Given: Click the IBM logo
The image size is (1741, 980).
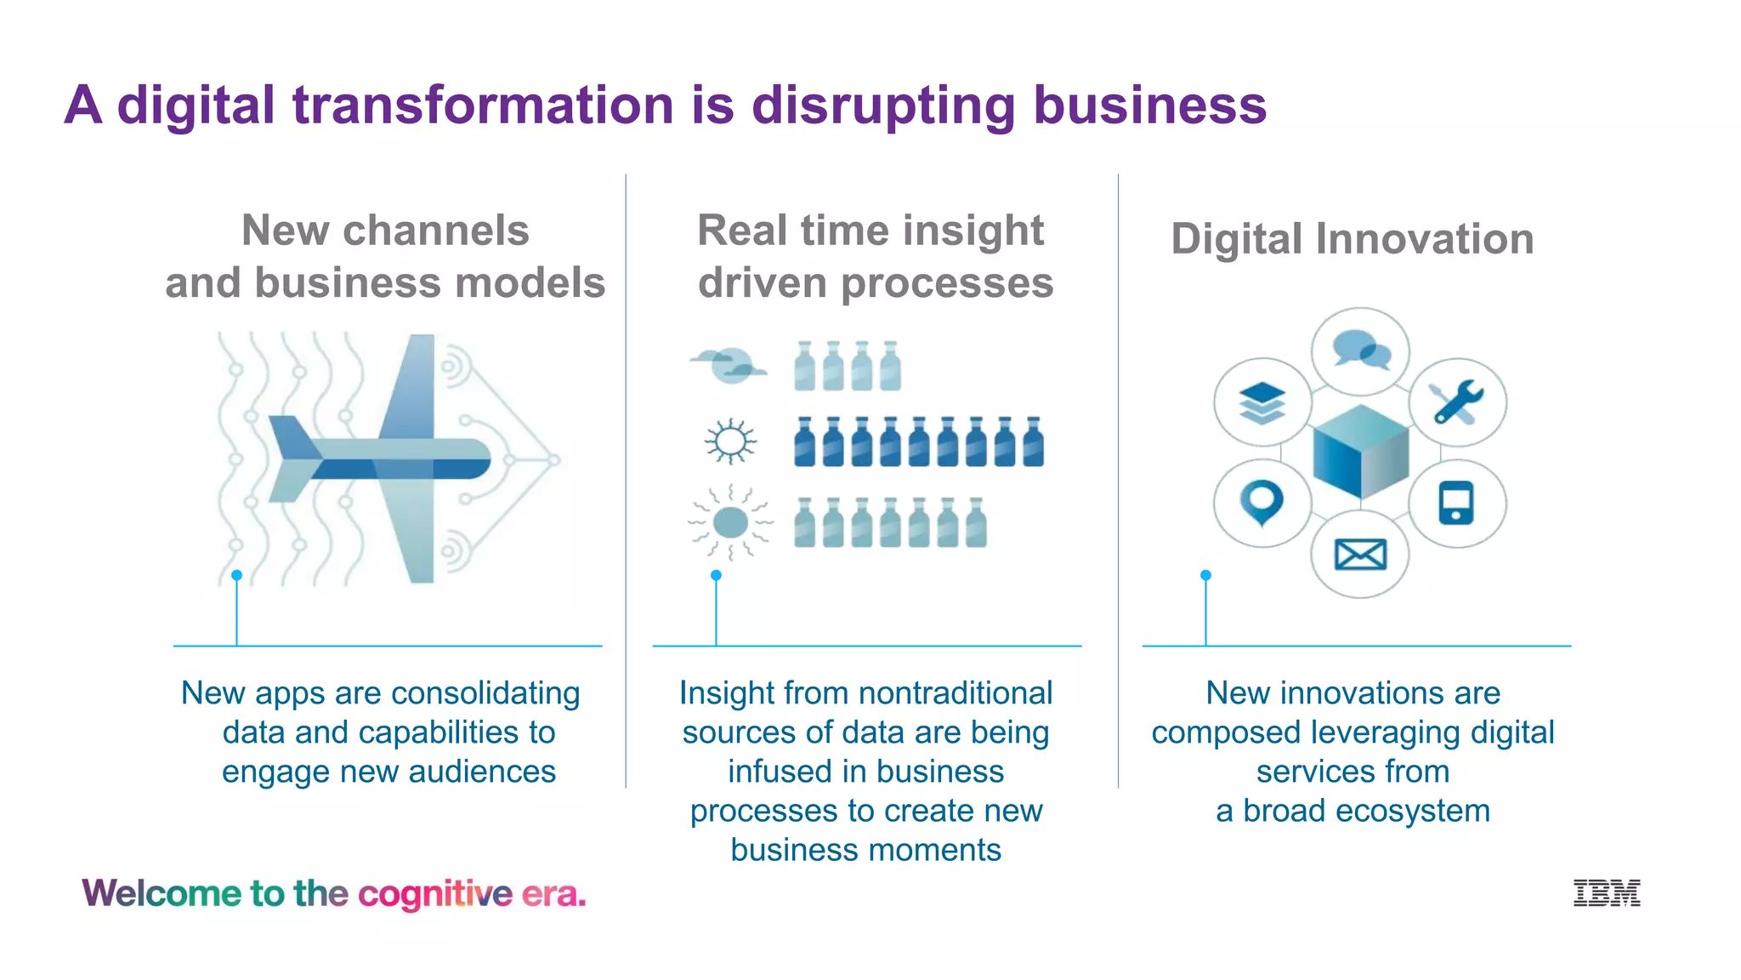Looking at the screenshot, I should (x=1606, y=892).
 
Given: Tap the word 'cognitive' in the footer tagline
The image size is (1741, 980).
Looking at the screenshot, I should (x=435, y=894).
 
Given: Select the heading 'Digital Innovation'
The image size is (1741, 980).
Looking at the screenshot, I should (x=1352, y=239).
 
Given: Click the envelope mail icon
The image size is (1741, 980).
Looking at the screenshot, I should (x=1360, y=555).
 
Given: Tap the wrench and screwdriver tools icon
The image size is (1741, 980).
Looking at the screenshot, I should (x=1457, y=402).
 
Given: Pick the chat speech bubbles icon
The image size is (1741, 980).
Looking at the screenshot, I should (x=1361, y=350).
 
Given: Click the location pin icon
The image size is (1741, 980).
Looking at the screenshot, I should (x=1262, y=502).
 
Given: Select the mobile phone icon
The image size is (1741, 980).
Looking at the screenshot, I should (x=1456, y=503).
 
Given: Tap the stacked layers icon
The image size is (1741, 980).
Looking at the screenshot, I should (x=1262, y=402).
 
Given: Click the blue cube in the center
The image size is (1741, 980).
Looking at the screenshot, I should (x=1360, y=452).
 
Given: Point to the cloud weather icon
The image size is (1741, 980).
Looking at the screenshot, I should (x=729, y=366).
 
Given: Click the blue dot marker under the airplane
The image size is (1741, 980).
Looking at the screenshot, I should (x=236, y=576).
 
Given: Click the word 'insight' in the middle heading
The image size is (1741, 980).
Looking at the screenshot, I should (x=973, y=231).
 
